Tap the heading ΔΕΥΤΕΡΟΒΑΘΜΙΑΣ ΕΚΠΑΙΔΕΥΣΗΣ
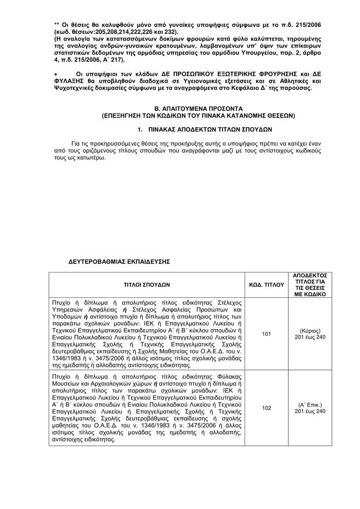(x=119, y=261)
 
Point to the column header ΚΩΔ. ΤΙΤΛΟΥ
(x=266, y=284)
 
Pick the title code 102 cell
(x=266, y=408)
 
